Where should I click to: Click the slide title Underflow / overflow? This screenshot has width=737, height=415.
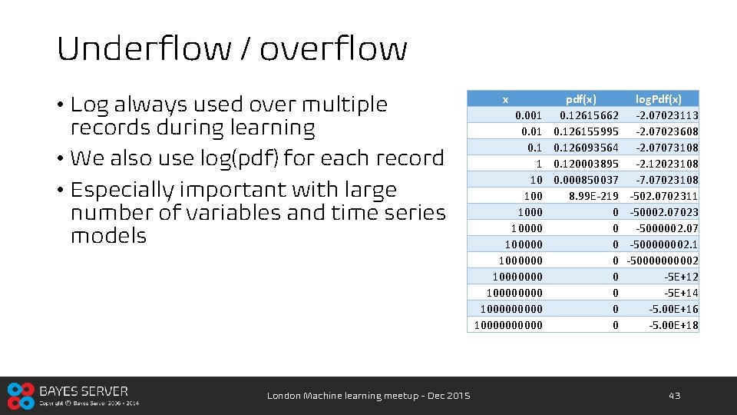point(232,49)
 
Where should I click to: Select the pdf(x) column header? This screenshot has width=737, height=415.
point(580,99)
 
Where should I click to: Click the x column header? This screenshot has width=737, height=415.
point(504,99)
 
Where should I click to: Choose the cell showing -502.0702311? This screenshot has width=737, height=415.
point(664,196)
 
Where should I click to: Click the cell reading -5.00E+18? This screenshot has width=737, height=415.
point(673,325)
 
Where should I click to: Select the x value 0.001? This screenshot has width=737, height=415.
point(528,115)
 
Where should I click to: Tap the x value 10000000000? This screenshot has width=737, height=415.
point(508,325)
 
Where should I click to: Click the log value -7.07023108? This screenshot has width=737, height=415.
point(666,180)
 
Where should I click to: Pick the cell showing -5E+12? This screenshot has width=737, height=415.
point(681,277)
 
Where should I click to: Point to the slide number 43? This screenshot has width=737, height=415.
point(674,396)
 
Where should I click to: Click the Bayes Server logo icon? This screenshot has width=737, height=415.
point(21,396)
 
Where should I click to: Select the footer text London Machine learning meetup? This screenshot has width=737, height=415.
point(368,396)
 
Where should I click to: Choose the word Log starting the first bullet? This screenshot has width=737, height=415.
point(90,105)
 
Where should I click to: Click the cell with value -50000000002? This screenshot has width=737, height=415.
point(663,261)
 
